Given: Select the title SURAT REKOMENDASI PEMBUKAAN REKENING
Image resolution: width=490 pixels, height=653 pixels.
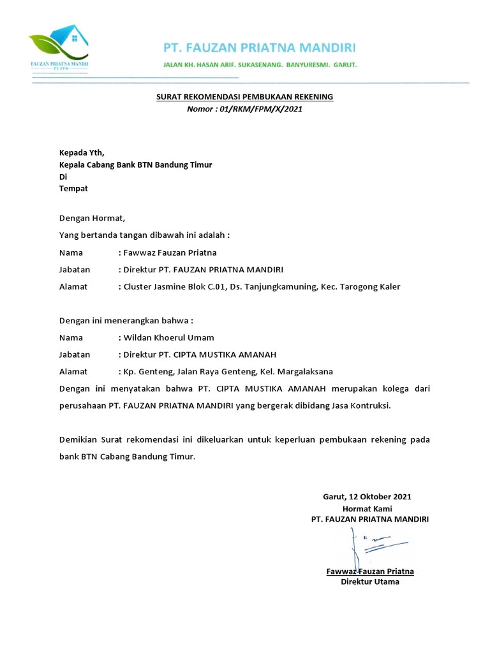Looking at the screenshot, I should (245, 97).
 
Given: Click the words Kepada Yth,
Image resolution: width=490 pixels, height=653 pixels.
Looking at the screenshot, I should (81, 152).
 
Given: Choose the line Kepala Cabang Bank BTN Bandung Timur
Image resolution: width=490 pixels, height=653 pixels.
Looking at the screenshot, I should (135, 165).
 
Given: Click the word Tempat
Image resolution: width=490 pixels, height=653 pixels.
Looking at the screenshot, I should (73, 189).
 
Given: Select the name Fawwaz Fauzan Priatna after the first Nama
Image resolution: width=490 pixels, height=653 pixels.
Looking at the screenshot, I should (170, 252).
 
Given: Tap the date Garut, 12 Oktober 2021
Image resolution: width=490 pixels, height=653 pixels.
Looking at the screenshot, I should (367, 496).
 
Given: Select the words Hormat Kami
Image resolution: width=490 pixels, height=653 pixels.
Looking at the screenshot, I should (367, 508).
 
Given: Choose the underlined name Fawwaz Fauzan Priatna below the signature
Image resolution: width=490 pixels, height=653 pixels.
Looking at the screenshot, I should (370, 571).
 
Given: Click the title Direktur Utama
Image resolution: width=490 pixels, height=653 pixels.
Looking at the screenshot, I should (370, 582).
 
